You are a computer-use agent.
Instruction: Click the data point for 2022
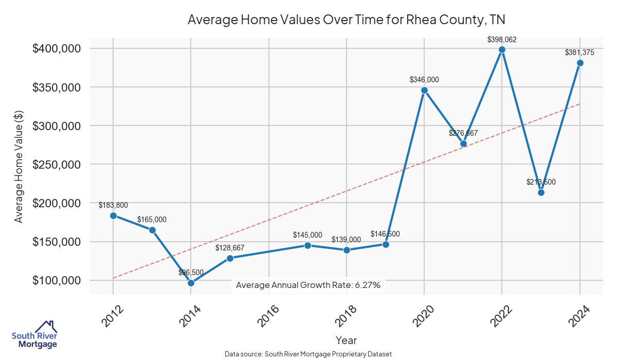pos(502,50)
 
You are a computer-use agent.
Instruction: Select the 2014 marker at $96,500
pos(191,283)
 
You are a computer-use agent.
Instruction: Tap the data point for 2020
pos(424,91)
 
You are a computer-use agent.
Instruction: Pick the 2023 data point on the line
pos(541,192)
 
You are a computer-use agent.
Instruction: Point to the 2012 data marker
pos(113,215)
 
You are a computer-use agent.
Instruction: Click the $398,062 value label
pos(502,39)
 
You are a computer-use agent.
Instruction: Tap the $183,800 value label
pos(113,205)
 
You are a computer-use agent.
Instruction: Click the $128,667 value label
pos(230,247)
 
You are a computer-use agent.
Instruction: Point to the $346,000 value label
pos(424,80)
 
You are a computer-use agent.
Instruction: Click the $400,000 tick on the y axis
pos(57,48)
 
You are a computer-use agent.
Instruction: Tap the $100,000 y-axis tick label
pos(57,280)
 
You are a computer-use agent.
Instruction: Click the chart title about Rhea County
pos(347,20)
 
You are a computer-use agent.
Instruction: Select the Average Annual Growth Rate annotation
pos(308,285)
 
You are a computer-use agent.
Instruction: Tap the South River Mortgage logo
pos(34,335)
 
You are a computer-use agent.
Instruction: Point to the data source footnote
pos(308,354)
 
